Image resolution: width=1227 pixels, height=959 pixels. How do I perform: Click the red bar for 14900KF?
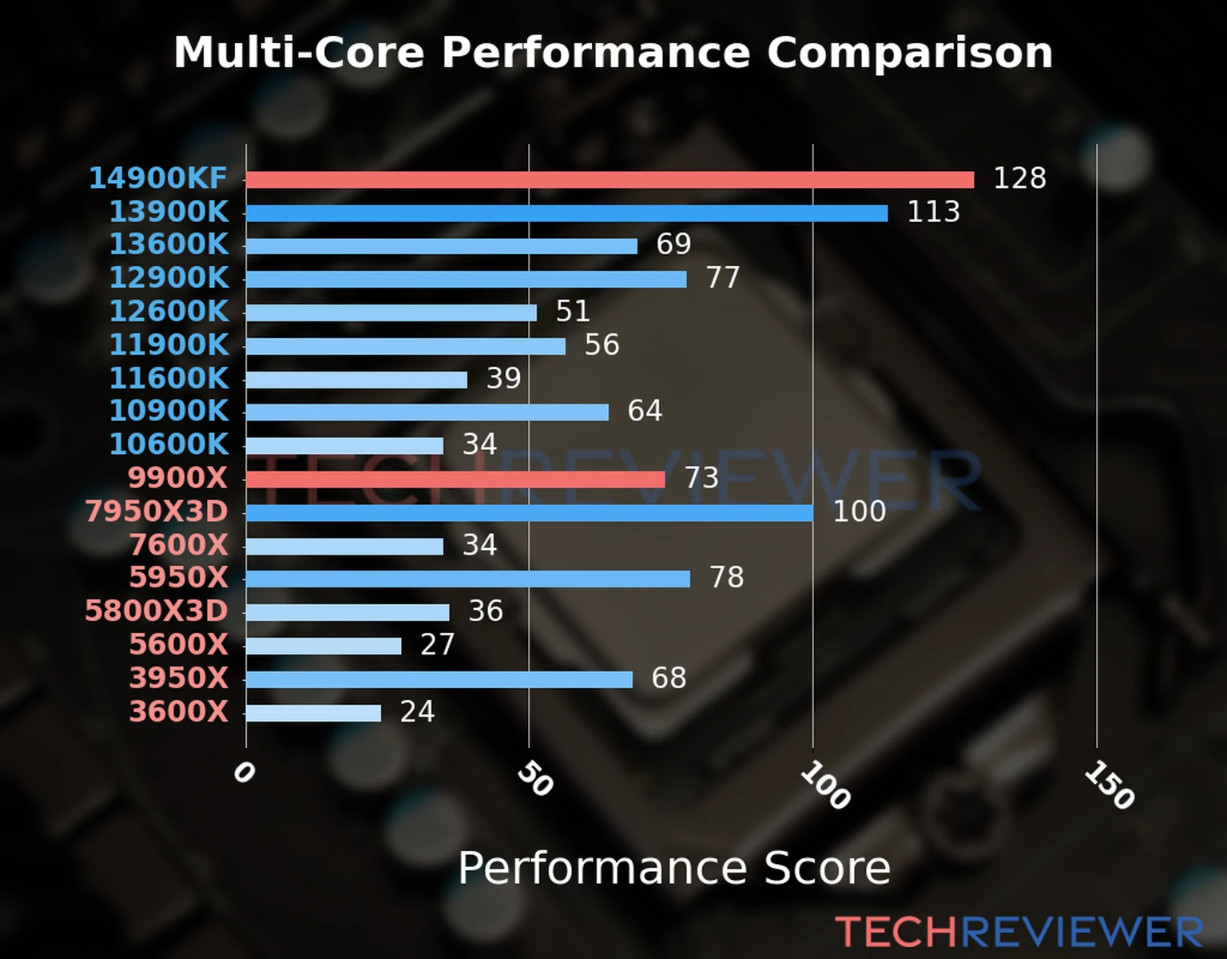[x=610, y=180]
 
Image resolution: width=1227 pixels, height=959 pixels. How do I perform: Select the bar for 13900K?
[x=566, y=213]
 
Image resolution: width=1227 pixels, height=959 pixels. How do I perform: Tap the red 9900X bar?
[x=455, y=479]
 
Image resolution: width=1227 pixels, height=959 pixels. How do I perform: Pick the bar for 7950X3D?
[x=529, y=513]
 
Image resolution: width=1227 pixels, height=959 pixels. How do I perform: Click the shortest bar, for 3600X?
[x=313, y=713]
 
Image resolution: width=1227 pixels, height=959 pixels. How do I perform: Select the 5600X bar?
[x=324, y=646]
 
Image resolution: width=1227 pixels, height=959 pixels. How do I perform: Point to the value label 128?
[x=1019, y=178]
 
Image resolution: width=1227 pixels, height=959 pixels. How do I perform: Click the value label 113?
[x=933, y=212]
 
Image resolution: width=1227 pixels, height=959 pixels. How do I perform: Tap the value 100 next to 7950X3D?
[x=859, y=511]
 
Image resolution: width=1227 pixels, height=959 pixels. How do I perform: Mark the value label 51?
[x=573, y=311]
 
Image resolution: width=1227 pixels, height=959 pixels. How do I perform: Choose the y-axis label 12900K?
[x=169, y=278]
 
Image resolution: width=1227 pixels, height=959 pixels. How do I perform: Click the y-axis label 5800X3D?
[x=157, y=611]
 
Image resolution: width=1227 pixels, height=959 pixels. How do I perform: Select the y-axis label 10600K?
[x=169, y=444]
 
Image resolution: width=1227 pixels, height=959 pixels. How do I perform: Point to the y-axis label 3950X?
[x=179, y=678]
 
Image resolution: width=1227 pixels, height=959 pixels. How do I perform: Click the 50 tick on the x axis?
[x=534, y=779]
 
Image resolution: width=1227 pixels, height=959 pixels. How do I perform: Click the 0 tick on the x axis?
[x=244, y=773]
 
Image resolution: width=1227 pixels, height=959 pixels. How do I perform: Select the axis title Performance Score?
[x=673, y=868]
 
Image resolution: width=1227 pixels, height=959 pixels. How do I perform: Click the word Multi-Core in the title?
[x=299, y=53]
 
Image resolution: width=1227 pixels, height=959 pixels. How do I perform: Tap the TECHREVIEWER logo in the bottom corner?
[x=1019, y=933]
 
